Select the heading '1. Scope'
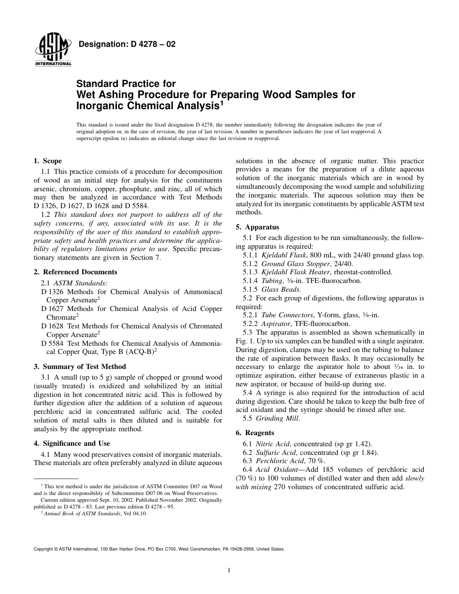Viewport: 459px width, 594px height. click(x=47, y=161)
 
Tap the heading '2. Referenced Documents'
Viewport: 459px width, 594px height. click(x=75, y=272)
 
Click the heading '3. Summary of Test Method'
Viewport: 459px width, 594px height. click(x=80, y=367)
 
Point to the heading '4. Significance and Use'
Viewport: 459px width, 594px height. click(x=72, y=443)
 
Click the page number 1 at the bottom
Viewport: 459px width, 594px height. click(x=229, y=570)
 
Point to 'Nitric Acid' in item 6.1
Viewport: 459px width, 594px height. click(x=273, y=443)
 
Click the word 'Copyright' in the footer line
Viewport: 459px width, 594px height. click(x=43, y=549)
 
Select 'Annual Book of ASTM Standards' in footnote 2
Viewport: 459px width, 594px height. click(x=82, y=514)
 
